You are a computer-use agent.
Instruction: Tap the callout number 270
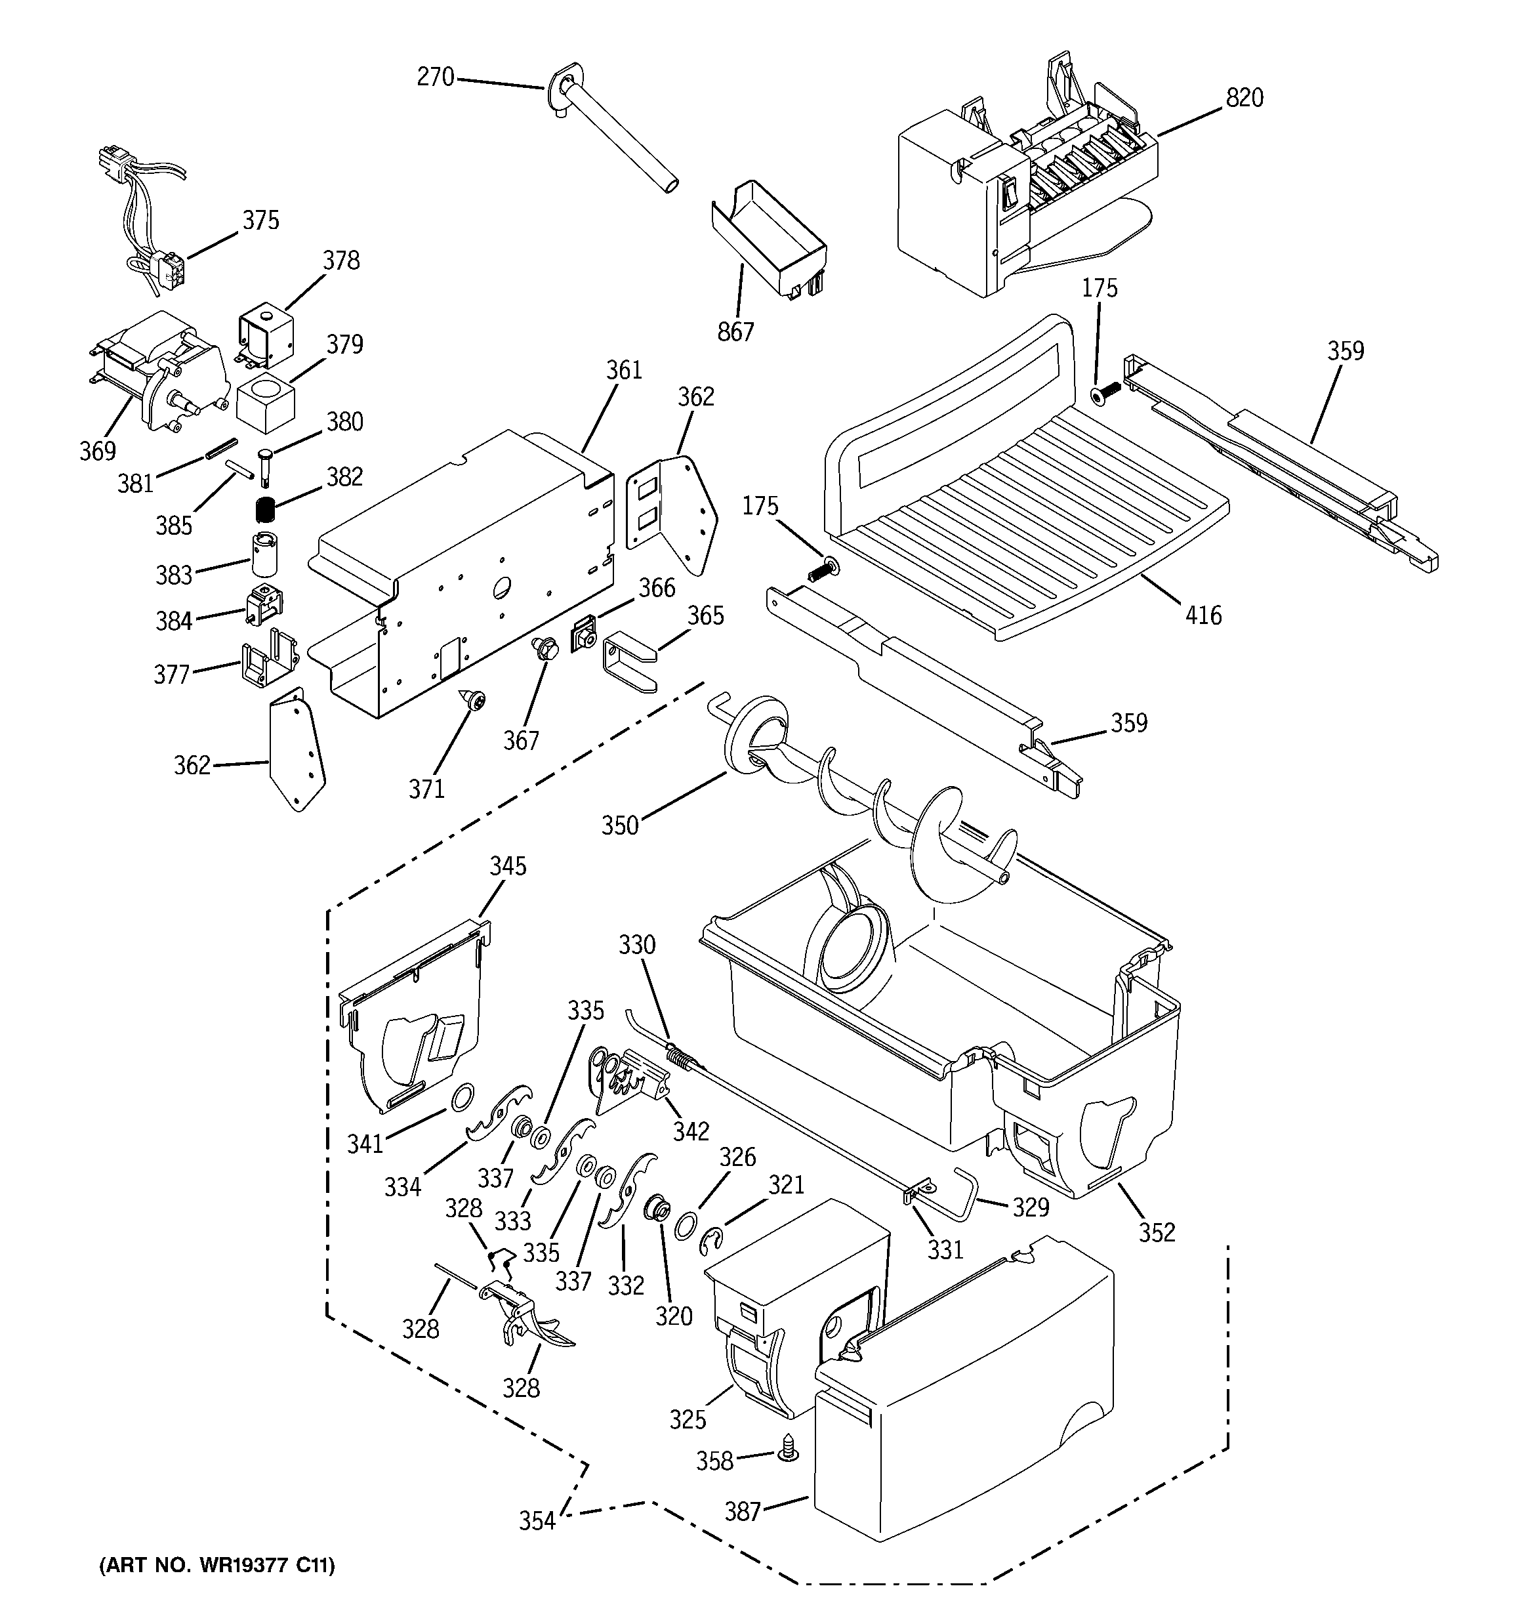click(x=435, y=77)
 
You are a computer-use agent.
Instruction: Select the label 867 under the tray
click(x=735, y=333)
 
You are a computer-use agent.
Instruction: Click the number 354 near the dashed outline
click(x=537, y=1521)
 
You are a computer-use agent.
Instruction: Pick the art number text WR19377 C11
click(x=216, y=1565)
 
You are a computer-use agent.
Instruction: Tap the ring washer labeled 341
click(x=462, y=1094)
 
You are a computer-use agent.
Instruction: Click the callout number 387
click(x=743, y=1512)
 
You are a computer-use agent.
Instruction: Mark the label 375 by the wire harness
click(x=260, y=220)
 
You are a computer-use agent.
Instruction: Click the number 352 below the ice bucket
click(x=1157, y=1232)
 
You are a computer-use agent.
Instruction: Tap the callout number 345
click(x=508, y=866)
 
